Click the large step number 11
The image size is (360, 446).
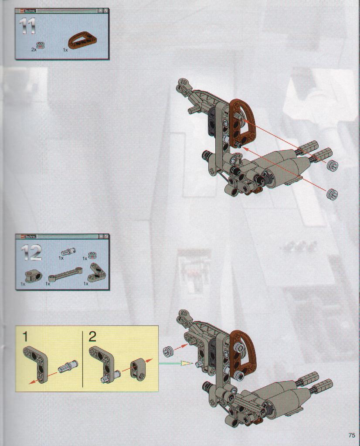pos(27,26)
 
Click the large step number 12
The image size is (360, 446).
pos(31,252)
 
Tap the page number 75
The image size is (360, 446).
pos(351,436)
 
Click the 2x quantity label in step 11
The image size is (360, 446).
pos(34,49)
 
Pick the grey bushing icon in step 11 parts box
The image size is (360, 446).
pos(42,44)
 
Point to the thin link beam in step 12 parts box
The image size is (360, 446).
pos(65,274)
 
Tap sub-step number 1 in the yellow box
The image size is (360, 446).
pos(25,337)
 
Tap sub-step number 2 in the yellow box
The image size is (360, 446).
pos(92,337)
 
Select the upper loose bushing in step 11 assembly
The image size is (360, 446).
pos(333,165)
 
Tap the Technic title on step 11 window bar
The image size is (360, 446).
pos(30,11)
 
